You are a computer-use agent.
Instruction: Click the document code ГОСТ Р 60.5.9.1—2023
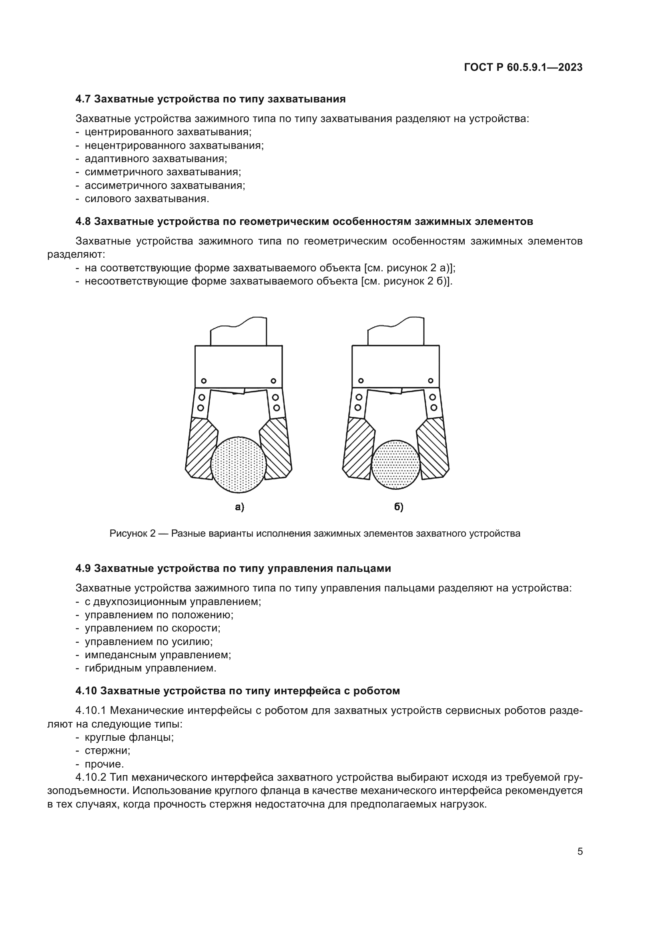tap(523, 68)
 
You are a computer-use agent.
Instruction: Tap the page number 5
tap(580, 851)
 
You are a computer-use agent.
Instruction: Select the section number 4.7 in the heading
tap(83, 99)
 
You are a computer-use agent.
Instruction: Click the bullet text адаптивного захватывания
tap(156, 158)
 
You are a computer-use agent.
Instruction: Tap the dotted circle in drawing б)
tap(395, 464)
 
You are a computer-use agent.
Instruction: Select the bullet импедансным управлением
tap(158, 655)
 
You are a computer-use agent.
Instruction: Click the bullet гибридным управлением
tap(150, 668)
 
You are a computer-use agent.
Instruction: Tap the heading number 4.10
tap(86, 691)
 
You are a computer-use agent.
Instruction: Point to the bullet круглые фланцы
tap(129, 737)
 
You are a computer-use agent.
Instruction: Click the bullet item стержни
tap(107, 750)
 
